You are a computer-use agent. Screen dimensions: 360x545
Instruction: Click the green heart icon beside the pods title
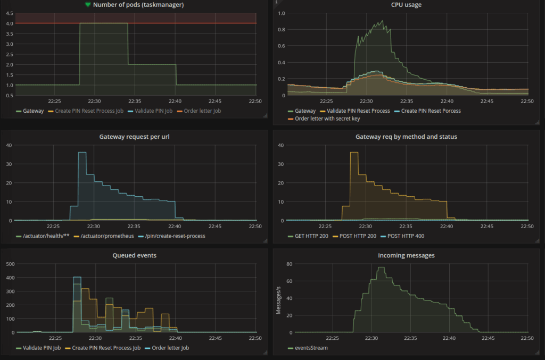pos(88,5)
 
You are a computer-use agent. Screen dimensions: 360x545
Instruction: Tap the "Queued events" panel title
pos(135,255)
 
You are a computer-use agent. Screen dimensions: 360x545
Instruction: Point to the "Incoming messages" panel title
pos(406,255)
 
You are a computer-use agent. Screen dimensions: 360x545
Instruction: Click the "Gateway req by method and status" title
pos(406,137)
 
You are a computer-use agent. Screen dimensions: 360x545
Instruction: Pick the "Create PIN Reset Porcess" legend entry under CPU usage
pos(432,111)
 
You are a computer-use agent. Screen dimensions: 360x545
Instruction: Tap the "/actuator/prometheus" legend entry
pos(105,236)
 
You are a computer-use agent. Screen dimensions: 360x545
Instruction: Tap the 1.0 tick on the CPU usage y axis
pos(282,13)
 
